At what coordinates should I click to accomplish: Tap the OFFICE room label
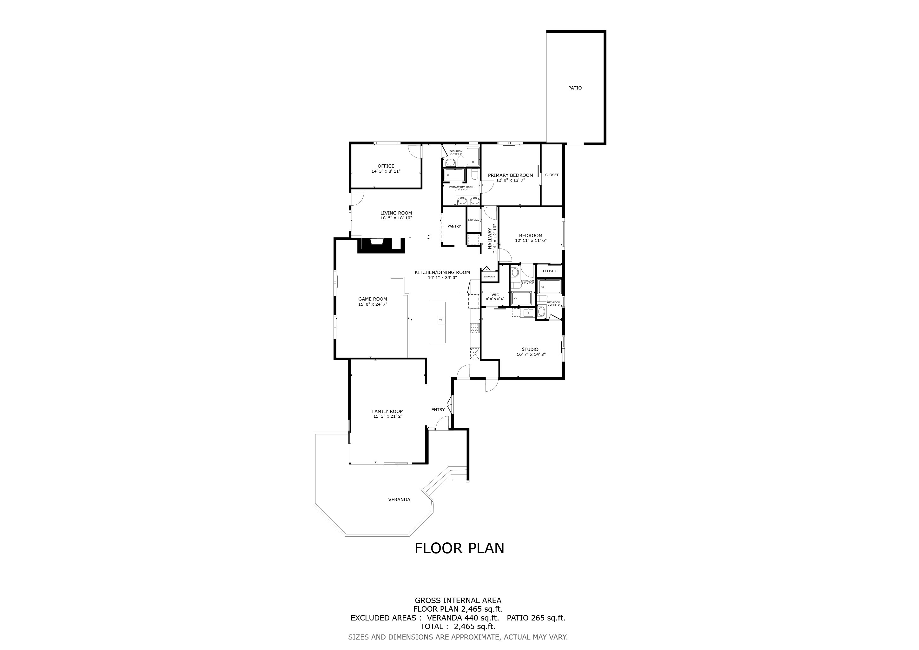point(386,166)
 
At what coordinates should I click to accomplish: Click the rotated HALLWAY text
point(490,239)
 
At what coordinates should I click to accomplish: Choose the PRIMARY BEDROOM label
point(510,175)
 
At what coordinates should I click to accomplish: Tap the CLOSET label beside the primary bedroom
point(552,175)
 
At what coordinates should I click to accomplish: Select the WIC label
point(495,295)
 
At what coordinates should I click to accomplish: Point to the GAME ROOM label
point(372,299)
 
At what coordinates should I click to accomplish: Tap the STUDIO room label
point(530,349)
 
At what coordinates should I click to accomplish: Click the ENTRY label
point(438,409)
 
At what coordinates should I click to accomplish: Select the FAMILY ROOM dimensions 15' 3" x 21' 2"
point(387,416)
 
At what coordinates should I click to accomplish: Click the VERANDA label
point(399,500)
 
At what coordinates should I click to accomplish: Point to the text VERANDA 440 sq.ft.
point(463,618)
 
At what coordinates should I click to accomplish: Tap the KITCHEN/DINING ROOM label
point(442,273)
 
